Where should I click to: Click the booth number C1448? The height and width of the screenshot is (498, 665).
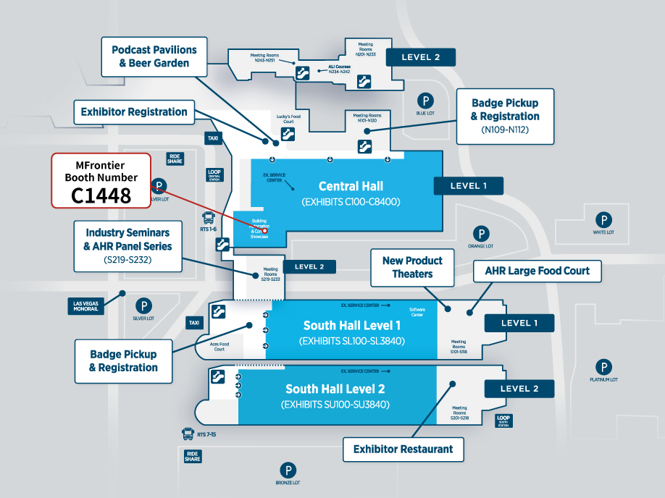click(101, 195)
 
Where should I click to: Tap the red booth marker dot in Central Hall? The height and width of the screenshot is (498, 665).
click(265, 230)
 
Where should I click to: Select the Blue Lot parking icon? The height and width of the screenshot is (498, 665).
click(426, 101)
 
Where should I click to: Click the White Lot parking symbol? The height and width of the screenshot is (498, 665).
click(603, 219)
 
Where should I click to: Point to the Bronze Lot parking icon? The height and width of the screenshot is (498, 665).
click(288, 470)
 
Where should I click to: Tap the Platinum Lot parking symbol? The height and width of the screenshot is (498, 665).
click(603, 367)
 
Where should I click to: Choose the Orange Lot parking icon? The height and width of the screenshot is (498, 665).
click(480, 233)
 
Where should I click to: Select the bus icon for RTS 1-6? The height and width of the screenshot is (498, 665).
click(209, 216)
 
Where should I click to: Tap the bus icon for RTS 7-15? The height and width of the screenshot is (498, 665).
click(188, 434)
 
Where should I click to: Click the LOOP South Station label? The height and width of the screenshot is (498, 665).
click(504, 421)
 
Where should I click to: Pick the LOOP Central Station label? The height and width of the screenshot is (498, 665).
click(214, 175)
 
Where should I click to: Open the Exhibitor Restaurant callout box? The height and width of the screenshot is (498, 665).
click(403, 450)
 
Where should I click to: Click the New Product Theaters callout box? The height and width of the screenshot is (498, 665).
click(412, 267)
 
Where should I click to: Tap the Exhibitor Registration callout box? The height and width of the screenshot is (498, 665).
click(134, 112)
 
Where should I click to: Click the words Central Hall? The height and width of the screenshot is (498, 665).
click(350, 186)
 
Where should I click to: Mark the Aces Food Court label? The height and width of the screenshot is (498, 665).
click(219, 347)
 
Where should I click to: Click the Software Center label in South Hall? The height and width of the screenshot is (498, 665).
click(417, 312)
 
